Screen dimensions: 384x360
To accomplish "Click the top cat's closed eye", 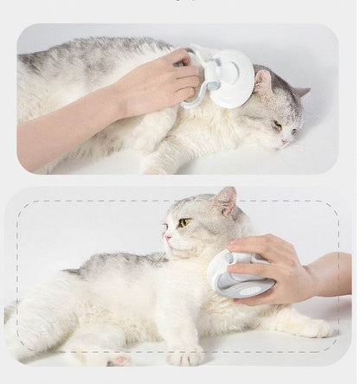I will click(276, 125).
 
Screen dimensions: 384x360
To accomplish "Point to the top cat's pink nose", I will click(286, 142).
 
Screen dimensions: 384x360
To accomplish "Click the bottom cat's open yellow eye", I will click(183, 223).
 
